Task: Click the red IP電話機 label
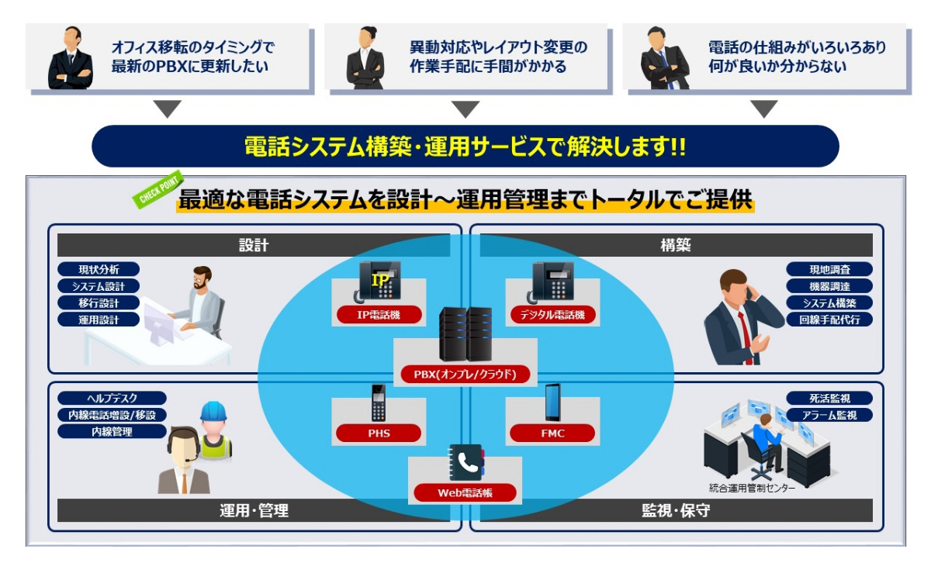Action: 379,314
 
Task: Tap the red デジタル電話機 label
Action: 552,314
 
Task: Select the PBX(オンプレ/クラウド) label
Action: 465,375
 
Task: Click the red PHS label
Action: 379,433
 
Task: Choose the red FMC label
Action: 552,433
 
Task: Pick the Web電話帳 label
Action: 465,492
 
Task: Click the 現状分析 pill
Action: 99,269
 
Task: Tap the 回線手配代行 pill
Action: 829,319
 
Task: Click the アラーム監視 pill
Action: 829,415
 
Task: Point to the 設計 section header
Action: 254,245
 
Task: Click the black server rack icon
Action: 465,334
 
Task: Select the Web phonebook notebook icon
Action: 466,463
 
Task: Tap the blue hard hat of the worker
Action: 213,412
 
